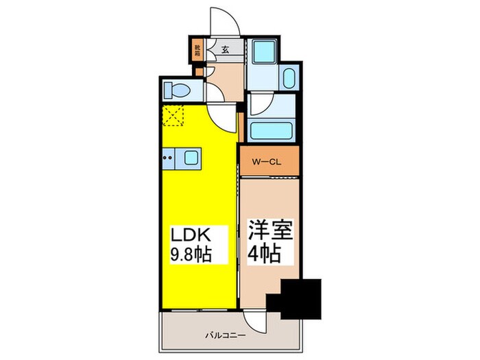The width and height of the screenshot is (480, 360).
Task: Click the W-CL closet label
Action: pos(268,163)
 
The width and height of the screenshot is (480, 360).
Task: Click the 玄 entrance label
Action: pos(225,50)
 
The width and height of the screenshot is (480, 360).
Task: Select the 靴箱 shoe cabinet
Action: pos(197,50)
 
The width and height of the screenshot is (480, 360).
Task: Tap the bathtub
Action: pos(272,131)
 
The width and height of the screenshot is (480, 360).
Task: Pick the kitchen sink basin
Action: pos(189,160)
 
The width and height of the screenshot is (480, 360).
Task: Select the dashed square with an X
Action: pos(175,117)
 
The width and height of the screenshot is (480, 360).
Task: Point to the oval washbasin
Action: pos(287,79)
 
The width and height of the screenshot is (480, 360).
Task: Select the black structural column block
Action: pos(297,299)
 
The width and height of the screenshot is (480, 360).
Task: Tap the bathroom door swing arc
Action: pos(259,104)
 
